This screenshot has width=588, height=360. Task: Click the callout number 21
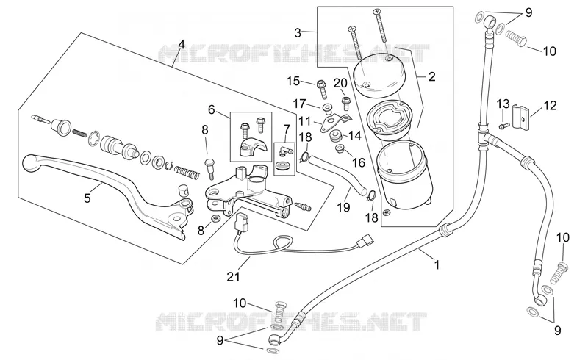point(233,277)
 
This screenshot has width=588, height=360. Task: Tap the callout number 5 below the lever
point(87,198)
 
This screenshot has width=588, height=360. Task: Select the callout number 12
point(550,106)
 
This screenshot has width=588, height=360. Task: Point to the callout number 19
point(343,206)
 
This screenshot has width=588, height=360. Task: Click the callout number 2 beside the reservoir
point(432,76)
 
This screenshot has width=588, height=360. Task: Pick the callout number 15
point(293,81)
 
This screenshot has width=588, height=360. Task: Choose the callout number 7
point(287,130)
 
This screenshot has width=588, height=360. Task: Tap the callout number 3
point(298,33)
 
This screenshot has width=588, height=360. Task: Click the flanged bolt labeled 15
point(322,89)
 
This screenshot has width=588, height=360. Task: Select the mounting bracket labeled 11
point(334,121)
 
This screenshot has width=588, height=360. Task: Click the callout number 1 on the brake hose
point(437,265)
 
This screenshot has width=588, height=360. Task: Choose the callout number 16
point(359,162)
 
